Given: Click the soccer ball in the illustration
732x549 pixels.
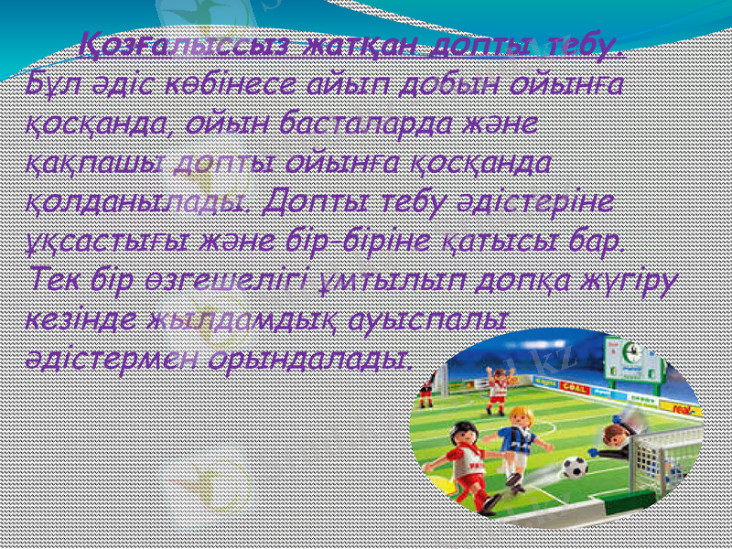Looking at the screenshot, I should click(x=574, y=468).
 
